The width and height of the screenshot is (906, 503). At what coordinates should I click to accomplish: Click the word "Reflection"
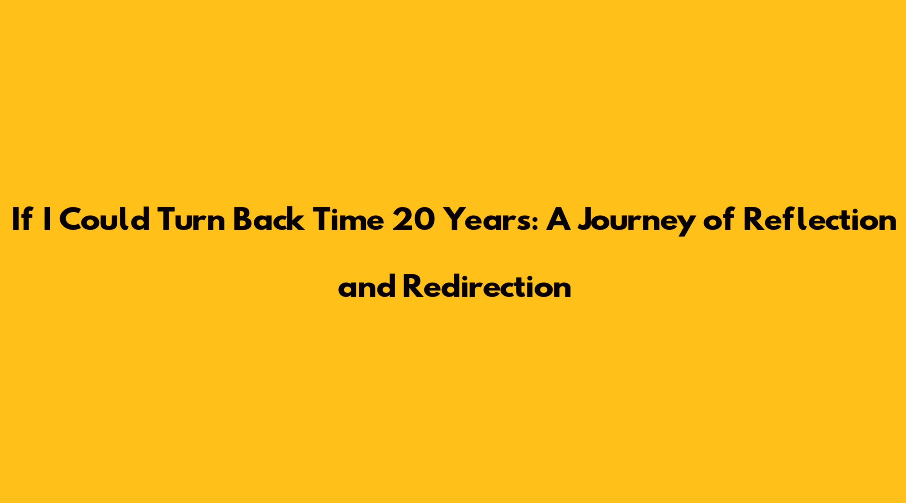[820, 220]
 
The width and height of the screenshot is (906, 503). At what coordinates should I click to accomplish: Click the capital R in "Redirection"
[411, 287]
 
